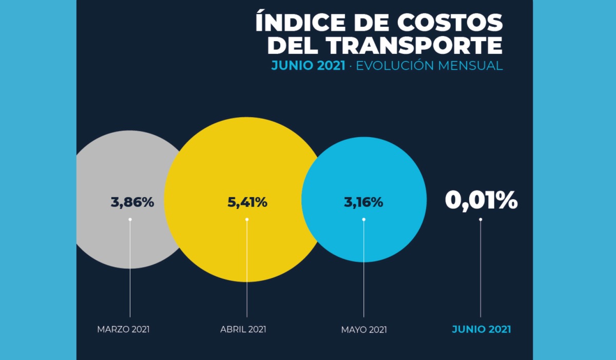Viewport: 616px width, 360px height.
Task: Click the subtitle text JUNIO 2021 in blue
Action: coord(308,66)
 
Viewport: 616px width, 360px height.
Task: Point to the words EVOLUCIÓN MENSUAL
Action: coord(429,66)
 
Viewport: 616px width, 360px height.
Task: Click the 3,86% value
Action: coord(132,202)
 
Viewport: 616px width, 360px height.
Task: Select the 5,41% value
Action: coord(247,202)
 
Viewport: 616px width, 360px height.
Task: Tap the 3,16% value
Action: coord(363,202)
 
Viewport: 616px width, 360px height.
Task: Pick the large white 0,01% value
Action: coord(481,201)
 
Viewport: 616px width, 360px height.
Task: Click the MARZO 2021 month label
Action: coord(123,329)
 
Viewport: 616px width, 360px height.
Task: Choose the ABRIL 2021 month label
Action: coord(243,329)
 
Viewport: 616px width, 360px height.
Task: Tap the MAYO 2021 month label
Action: coord(364,329)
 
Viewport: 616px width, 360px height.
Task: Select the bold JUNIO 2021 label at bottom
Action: coord(482,329)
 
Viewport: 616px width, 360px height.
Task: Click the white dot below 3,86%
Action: coord(130,219)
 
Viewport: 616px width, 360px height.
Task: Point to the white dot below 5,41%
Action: coord(247,219)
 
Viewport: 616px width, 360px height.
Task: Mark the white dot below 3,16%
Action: coord(364,219)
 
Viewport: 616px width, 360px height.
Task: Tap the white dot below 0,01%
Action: coord(480,219)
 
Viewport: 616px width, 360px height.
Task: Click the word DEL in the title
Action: coord(294,45)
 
